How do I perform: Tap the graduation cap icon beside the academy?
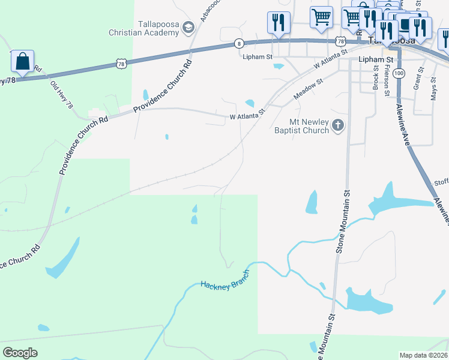188,27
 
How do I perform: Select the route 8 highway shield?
239,43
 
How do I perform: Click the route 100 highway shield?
400,73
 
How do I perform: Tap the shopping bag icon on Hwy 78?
22,61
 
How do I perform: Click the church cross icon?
338,125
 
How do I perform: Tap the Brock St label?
376,79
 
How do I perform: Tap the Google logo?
20,353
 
